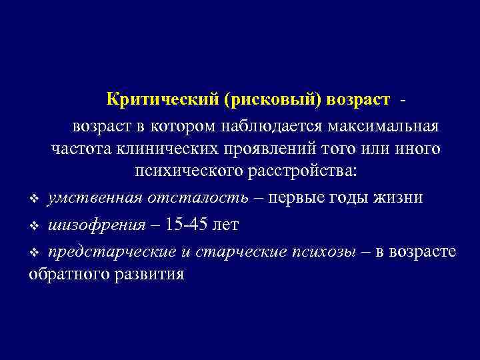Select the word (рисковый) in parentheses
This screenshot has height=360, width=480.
(x=273, y=100)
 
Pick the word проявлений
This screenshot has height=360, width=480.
(x=273, y=148)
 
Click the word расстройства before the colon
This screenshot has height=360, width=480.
(x=299, y=171)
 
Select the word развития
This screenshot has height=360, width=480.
(x=149, y=273)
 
